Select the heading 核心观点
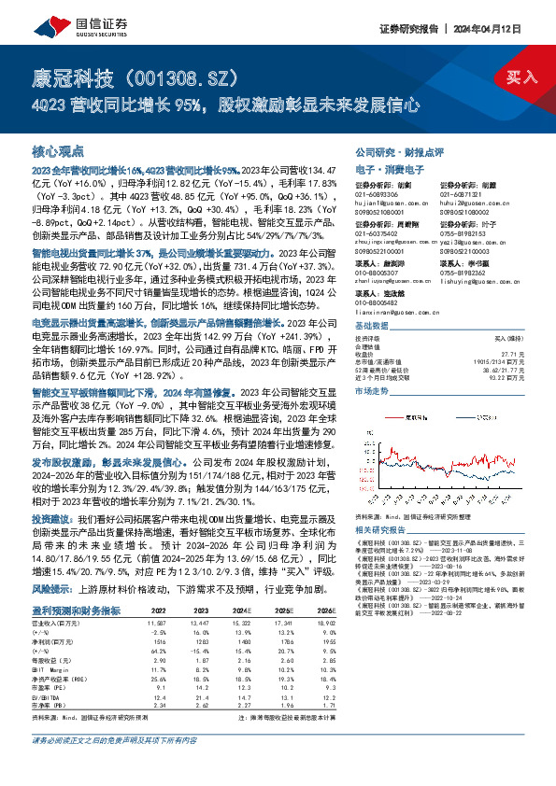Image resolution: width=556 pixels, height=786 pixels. (x=60, y=149)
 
